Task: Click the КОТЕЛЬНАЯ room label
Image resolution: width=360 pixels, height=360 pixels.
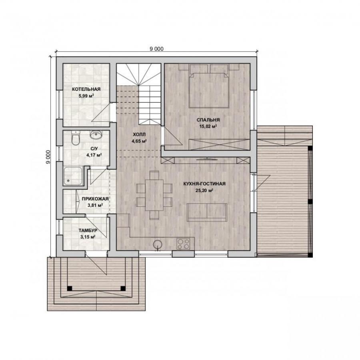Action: [x=86, y=89]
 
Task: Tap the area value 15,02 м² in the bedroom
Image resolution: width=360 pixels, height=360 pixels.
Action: [x=208, y=126]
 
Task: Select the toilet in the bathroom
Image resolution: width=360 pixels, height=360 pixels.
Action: [x=75, y=138]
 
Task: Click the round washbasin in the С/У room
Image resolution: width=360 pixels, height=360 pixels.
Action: [x=96, y=134]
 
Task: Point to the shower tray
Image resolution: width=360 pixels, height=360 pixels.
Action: [x=73, y=176]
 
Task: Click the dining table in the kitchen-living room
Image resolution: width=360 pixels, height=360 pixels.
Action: [x=154, y=195]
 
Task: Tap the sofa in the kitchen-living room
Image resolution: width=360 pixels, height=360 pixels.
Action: [x=207, y=212]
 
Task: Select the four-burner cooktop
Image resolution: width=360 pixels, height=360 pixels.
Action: [x=183, y=244]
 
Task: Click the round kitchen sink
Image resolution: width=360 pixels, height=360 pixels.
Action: [x=158, y=244]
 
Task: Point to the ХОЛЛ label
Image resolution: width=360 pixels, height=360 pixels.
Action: [x=139, y=134]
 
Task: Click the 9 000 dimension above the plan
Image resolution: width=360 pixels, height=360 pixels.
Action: [x=156, y=49]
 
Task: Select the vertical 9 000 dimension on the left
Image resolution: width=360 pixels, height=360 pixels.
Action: [x=48, y=157]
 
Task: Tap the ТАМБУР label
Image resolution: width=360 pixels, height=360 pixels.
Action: [x=88, y=230]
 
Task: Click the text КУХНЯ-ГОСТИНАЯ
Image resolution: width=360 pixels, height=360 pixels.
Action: [x=204, y=184]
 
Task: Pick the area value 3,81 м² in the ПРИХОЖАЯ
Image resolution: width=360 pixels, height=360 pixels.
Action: [x=95, y=205]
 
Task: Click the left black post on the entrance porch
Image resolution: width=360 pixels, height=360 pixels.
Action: [x=70, y=288]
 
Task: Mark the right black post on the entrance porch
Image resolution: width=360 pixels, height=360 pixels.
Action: [x=123, y=288]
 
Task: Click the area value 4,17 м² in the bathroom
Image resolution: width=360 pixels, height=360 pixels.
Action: [x=94, y=155]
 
